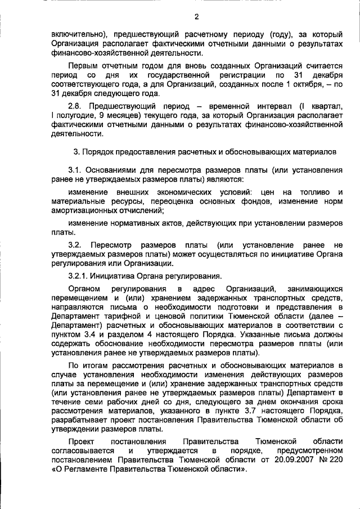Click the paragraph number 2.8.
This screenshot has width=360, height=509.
point(77,106)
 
